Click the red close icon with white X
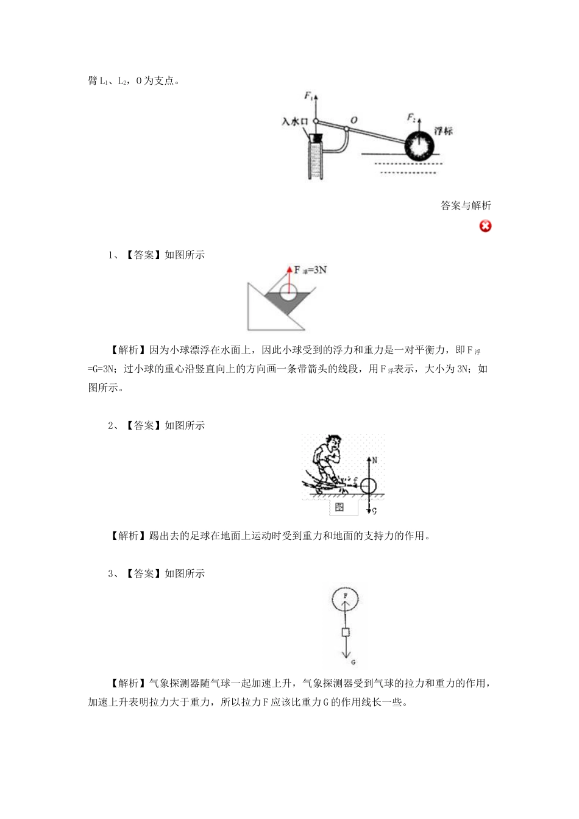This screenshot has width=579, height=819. pos(485,226)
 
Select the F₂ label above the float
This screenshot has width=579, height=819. pos(412,117)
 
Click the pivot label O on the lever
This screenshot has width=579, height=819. pos(353,120)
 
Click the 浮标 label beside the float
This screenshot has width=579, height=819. pos(443,131)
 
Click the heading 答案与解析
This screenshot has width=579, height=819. pos(466,205)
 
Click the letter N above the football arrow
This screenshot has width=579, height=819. pos(374,461)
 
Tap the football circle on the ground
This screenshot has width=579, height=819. pos(369,486)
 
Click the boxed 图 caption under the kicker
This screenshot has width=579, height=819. pos(340,506)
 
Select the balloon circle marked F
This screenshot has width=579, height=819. pos(346,599)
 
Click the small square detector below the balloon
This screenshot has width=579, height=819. pos(346,632)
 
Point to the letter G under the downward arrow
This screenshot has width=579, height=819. pos(353,662)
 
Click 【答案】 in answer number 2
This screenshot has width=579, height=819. pos(144,425)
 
